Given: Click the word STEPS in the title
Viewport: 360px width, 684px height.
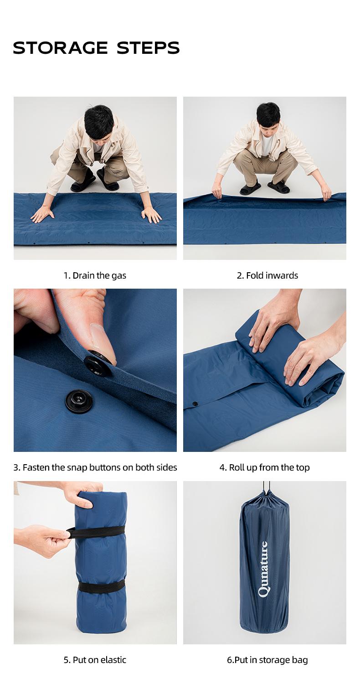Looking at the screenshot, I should (149, 48).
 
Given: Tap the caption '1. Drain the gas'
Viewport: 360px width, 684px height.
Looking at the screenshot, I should (95, 275).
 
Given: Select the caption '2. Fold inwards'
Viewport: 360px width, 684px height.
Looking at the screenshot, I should (267, 275).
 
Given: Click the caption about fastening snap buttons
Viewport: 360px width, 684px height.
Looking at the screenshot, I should (95, 467).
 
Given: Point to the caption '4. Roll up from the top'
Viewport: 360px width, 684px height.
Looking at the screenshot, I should (264, 467).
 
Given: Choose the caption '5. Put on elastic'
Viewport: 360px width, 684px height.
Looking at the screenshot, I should (95, 660).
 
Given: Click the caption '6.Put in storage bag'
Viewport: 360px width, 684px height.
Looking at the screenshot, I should (267, 660).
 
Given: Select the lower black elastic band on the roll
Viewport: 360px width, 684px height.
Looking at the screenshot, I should (101, 586).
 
